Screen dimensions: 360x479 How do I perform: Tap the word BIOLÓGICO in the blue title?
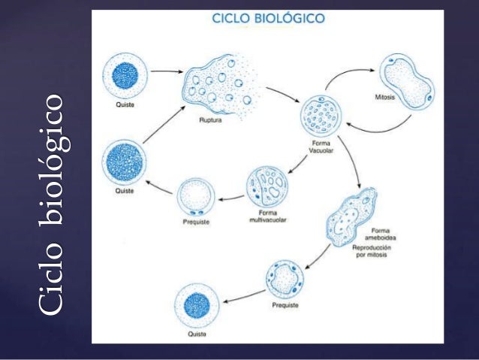[291, 19]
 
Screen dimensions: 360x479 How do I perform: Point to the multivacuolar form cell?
[268, 189]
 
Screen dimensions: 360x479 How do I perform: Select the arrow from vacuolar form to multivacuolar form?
[304, 159]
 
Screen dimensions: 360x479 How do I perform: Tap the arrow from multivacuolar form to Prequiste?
[230, 199]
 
